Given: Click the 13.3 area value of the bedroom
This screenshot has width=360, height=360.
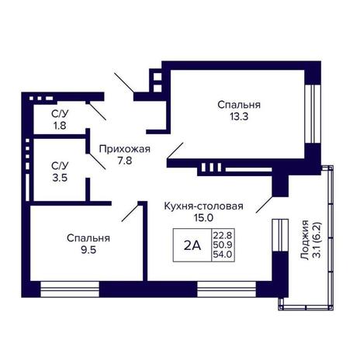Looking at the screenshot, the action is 239,116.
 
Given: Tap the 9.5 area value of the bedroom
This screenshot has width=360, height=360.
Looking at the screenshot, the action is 88,250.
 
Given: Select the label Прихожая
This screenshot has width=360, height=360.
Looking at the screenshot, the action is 125,149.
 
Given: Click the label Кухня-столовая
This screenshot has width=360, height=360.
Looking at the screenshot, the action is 204,206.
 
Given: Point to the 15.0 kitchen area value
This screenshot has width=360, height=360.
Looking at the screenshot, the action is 204,218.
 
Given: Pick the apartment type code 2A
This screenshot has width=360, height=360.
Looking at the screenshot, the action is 192,245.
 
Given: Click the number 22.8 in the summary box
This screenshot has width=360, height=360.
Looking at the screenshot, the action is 223,236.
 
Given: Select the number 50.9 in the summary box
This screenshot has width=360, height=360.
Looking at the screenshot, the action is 223,244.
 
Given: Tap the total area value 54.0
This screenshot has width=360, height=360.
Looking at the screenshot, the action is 223,254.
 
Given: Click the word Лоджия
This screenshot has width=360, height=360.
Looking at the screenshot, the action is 305,240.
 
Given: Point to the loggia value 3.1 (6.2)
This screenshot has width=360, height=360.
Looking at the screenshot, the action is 317,240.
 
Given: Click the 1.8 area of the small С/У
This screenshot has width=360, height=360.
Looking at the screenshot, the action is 60,126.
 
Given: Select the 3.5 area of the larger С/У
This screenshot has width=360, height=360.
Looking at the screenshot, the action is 60,178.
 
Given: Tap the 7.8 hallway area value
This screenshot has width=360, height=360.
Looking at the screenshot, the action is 125,161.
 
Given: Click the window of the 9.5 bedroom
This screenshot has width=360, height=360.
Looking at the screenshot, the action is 70,289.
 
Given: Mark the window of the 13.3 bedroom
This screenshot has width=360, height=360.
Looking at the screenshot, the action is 313,113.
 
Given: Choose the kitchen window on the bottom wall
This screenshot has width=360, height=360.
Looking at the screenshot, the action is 227,289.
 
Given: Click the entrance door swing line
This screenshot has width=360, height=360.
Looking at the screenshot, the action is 124,83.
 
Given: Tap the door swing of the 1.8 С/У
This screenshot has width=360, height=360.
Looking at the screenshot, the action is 98,112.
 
